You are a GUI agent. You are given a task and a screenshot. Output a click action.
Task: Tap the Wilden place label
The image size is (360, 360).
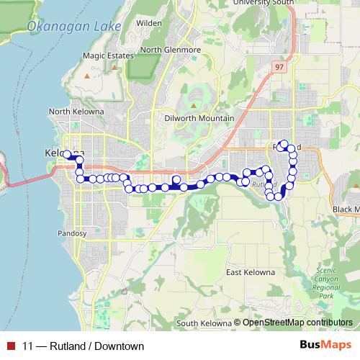149,24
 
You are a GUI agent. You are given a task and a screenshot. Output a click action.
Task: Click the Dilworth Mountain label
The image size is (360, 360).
199,118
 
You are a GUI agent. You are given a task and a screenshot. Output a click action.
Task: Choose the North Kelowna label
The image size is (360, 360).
76,112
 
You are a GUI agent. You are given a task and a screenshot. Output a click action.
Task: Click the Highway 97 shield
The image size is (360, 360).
279,67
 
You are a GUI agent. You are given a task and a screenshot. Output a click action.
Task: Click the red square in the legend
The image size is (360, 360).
9,346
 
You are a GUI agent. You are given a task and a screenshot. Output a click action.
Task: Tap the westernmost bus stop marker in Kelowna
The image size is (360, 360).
67,154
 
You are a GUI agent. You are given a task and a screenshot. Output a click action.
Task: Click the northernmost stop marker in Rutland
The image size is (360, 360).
284,144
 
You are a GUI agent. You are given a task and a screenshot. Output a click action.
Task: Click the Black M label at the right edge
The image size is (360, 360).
346,209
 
